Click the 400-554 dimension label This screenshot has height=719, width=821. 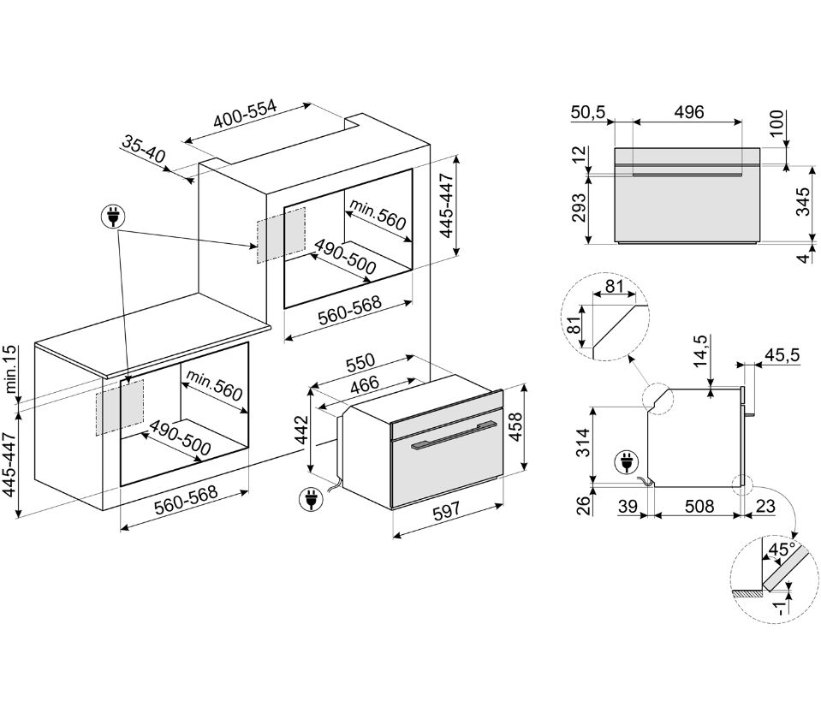(245, 114)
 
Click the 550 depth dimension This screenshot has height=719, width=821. (360, 362)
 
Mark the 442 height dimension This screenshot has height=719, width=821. (302, 431)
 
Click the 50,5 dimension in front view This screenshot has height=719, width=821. (588, 112)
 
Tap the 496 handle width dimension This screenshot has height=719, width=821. (688, 112)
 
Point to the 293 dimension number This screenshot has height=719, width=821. (579, 208)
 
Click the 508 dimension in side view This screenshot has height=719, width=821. (699, 507)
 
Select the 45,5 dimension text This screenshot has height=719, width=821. (782, 355)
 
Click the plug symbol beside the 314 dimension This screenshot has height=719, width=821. (625, 462)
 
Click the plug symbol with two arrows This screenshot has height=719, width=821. (113, 217)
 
